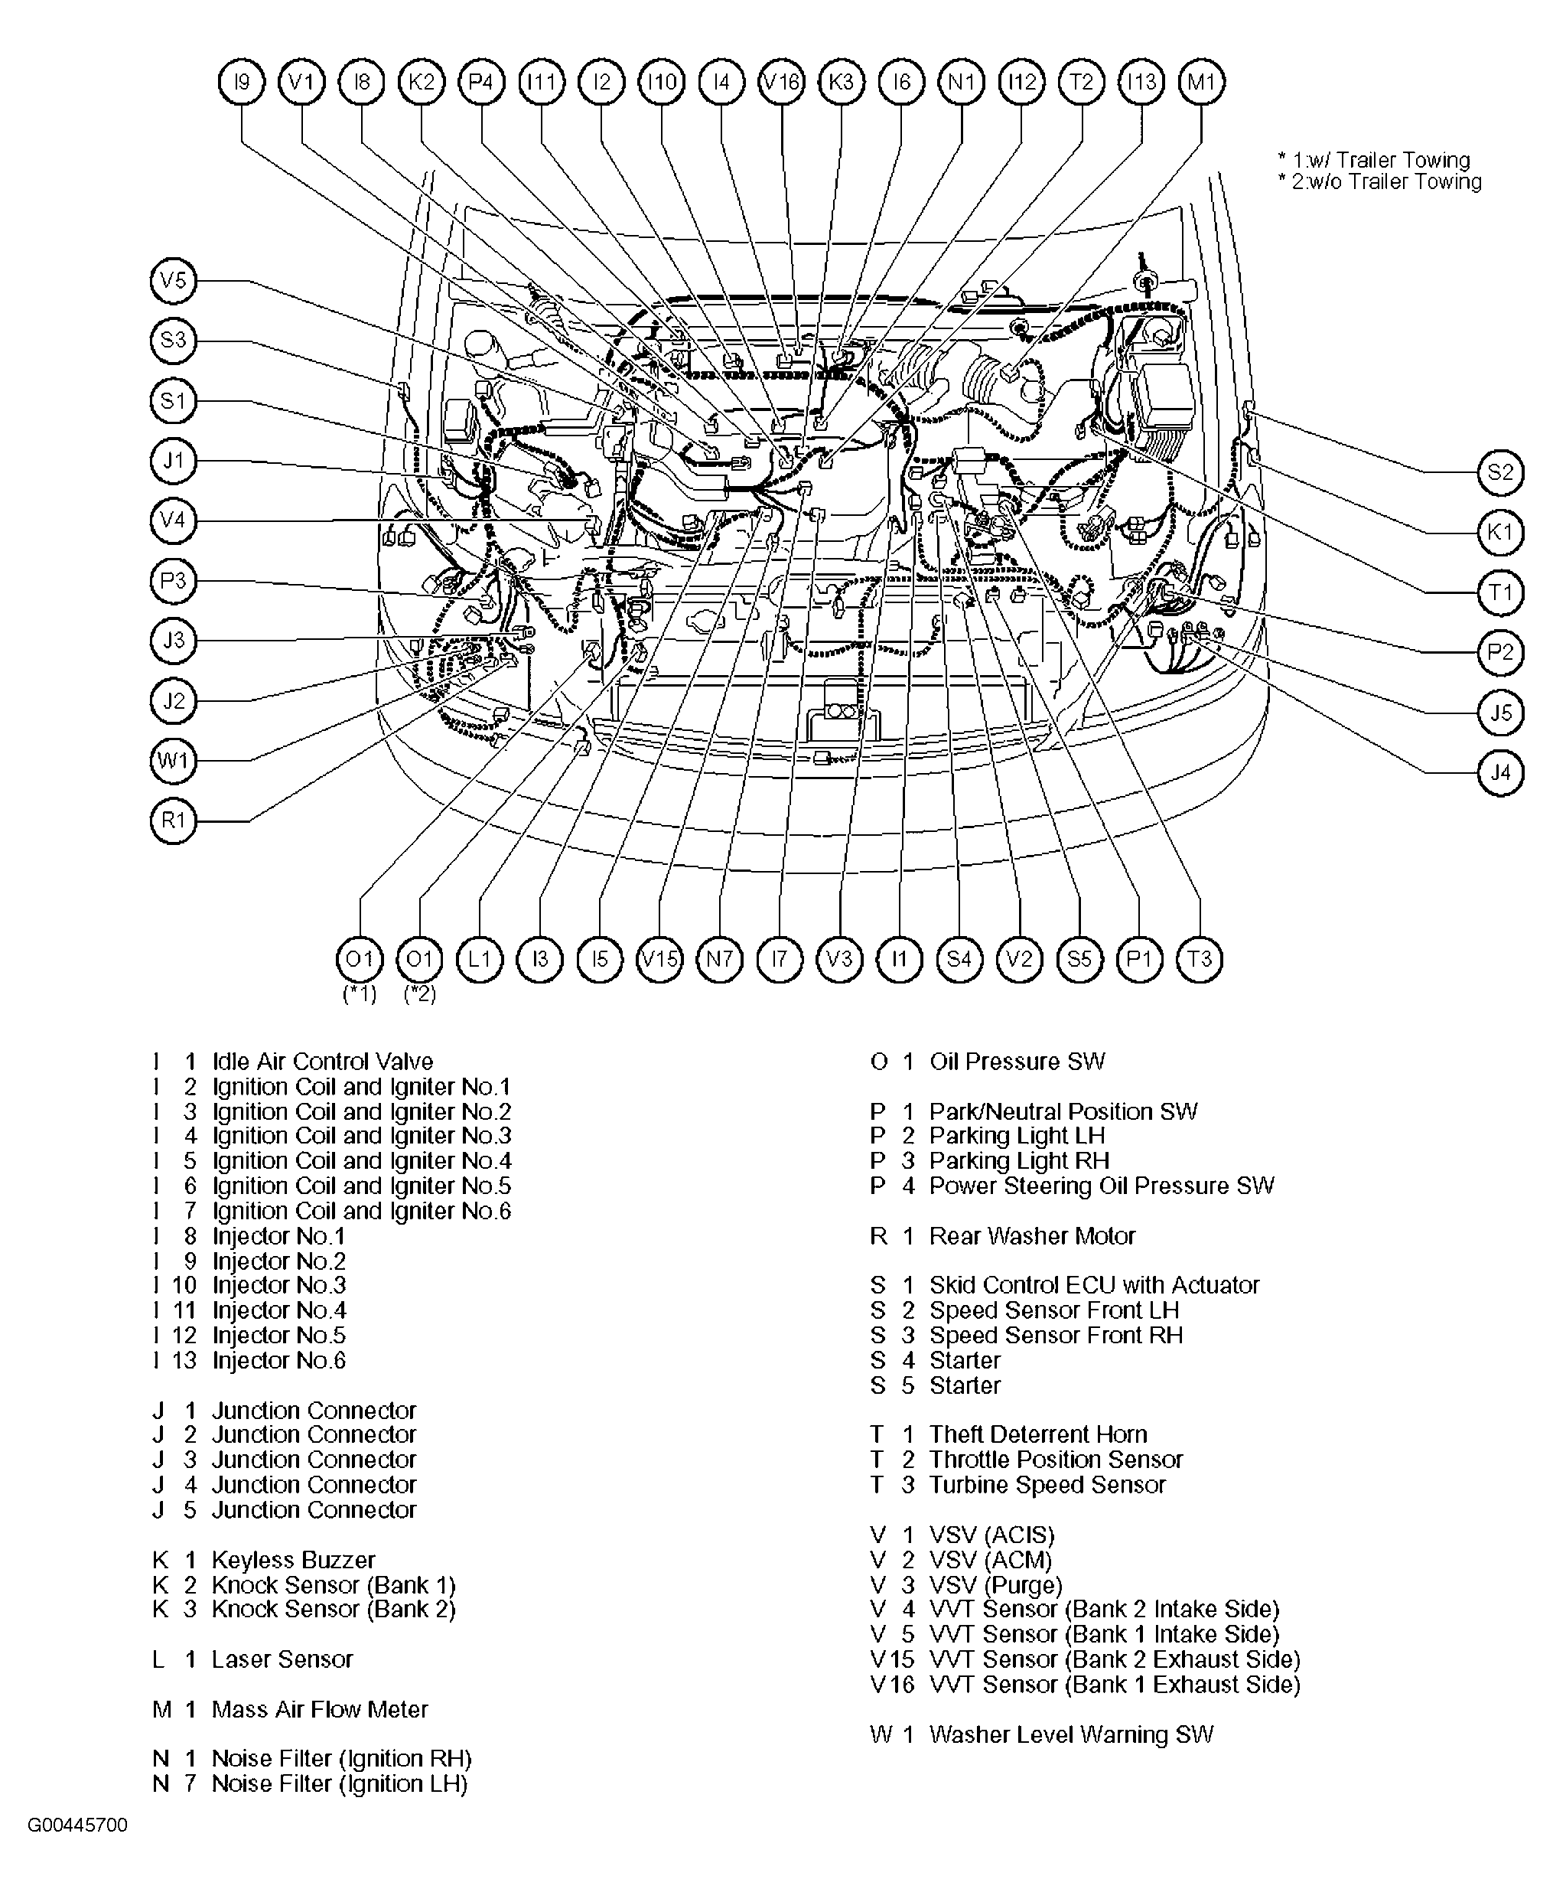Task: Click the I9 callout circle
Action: pyautogui.click(x=242, y=83)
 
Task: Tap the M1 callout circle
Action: pyautogui.click(x=1201, y=83)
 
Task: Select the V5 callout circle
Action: pyautogui.click(x=173, y=281)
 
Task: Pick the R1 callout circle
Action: pyautogui.click(x=173, y=820)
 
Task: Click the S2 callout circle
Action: pyautogui.click(x=1500, y=471)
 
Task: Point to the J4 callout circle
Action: pyautogui.click(x=1500, y=772)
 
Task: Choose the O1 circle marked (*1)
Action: pyautogui.click(x=360, y=959)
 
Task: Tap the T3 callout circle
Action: pyautogui.click(x=1199, y=959)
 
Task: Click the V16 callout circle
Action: pyautogui.click(x=781, y=83)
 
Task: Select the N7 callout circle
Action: pyautogui.click(x=719, y=959)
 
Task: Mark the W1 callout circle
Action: pyautogui.click(x=173, y=761)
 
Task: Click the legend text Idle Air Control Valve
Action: pyautogui.click(x=322, y=1062)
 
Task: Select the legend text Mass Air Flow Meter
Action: pyautogui.click(x=319, y=1709)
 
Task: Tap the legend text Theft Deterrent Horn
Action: pyautogui.click(x=1037, y=1434)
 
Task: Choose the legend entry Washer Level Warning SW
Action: pyautogui.click(x=1071, y=1734)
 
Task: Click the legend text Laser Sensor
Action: pyautogui.click(x=282, y=1659)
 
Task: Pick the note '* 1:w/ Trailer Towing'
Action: pyautogui.click(x=1374, y=160)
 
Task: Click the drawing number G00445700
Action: pyautogui.click(x=78, y=1825)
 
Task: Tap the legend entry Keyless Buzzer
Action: pyautogui.click(x=292, y=1560)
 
